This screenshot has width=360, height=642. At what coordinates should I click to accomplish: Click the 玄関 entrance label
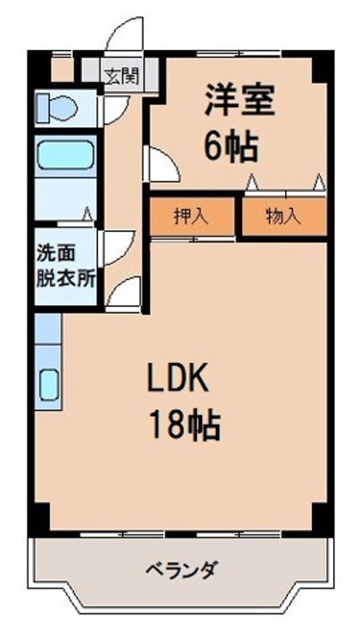(x=120, y=75)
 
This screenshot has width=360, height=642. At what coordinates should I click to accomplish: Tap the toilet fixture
(x=57, y=108)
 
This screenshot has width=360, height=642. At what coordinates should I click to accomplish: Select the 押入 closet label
(x=191, y=215)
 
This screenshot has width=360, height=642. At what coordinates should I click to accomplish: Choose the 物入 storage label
(x=282, y=215)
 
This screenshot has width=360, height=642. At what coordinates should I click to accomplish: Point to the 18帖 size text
(x=184, y=425)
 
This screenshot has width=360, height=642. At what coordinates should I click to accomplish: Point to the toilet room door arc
(x=114, y=109)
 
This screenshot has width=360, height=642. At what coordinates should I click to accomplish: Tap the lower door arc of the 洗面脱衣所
(x=123, y=292)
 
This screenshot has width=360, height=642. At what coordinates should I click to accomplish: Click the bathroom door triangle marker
(x=86, y=213)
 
